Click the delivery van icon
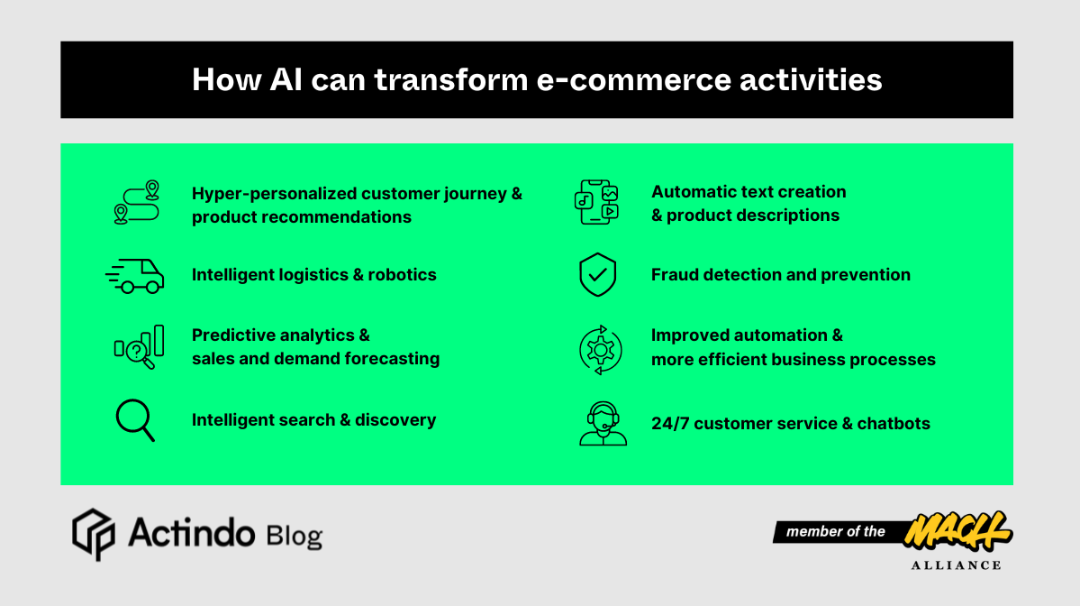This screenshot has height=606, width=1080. (x=135, y=276)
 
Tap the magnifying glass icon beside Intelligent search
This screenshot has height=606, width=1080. (x=135, y=421)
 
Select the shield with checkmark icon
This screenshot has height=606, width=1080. (x=597, y=275)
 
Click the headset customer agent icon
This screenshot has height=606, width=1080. (x=603, y=424)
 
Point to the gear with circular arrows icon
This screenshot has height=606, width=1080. (x=600, y=349)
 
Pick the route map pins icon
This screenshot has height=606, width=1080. (x=137, y=203)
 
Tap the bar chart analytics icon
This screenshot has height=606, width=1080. (x=139, y=347)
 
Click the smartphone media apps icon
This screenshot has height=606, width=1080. (x=597, y=203)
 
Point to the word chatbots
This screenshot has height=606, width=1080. (x=894, y=423)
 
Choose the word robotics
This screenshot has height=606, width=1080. (x=402, y=275)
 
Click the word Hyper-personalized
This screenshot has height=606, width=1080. (x=274, y=194)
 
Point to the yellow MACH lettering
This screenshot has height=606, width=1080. (x=957, y=531)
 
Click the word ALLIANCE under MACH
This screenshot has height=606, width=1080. (x=957, y=565)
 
